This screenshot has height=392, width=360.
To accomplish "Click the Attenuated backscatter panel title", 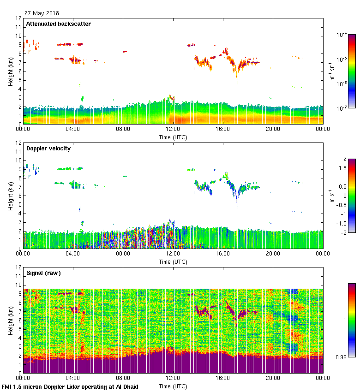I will pos(59,24).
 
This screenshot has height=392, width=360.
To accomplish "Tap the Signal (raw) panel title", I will pos(43,273).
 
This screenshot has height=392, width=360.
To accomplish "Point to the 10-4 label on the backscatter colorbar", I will pos(342,35).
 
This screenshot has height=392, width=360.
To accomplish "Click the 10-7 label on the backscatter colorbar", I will pos(342,107).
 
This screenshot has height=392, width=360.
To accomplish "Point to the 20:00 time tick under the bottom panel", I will pos(273,379).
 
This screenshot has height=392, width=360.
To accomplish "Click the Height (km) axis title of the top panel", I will pos(10,71).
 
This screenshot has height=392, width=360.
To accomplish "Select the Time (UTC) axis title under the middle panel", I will pos(173,261).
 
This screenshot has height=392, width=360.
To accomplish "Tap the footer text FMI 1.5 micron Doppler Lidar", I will pos(70,386).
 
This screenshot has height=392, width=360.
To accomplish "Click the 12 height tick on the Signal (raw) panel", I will pos(18,267).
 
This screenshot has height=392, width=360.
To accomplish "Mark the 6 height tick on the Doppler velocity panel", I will pos(20,196).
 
